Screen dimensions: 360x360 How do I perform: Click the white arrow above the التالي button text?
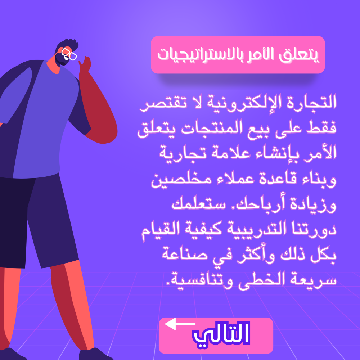pyautogui.click(x=180, y=324)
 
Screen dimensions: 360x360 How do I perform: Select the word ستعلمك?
pyautogui.click(x=199, y=203)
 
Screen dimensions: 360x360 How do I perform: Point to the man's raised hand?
pyautogui.click(x=85, y=64)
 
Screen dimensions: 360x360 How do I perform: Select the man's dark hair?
pyautogui.click(x=67, y=45)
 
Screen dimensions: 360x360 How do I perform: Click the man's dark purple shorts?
pyautogui.click(x=39, y=220)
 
